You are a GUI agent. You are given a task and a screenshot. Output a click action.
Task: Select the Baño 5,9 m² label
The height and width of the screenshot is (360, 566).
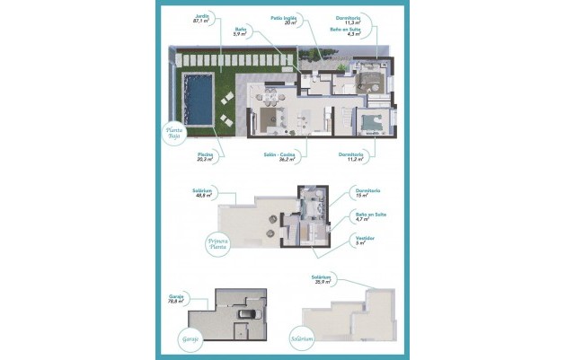pos(240,31)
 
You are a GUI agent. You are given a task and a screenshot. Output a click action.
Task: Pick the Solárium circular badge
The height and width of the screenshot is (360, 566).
pos(302,339)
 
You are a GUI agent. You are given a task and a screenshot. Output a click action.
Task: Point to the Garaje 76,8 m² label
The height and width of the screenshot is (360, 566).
pos(176,299)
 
